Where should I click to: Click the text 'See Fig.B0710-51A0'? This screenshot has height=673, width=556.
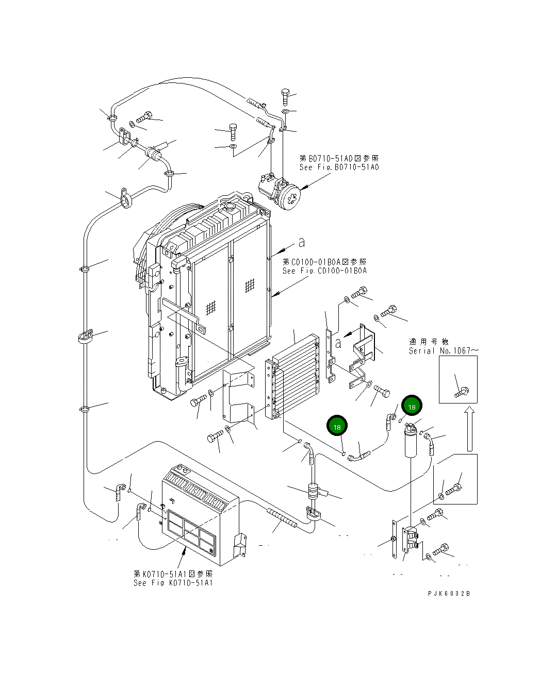[339, 167]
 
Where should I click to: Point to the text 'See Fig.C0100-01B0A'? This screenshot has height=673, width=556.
[324, 271]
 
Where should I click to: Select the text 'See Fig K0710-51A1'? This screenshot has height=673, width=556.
[173, 583]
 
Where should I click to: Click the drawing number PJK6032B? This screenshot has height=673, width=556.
[448, 593]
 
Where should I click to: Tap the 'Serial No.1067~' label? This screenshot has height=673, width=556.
[443, 351]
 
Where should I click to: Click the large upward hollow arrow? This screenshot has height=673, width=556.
[469, 428]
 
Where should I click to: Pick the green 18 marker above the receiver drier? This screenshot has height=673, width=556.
[412, 407]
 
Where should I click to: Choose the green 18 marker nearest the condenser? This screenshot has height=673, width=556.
[337, 427]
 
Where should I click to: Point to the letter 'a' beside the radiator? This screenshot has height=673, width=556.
[302, 242]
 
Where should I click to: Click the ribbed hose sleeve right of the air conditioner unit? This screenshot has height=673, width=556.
[282, 517]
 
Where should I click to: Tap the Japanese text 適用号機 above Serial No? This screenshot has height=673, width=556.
[429, 342]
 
